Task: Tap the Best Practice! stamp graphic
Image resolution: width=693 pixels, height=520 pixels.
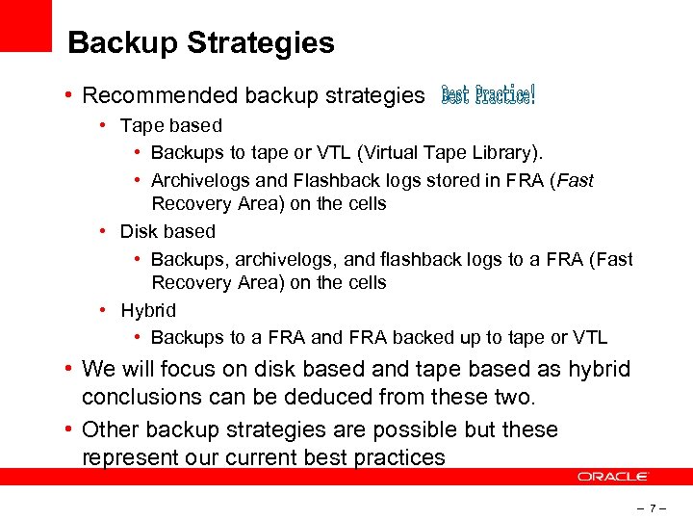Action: pos(488,94)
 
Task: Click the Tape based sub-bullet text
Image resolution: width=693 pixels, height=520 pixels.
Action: pos(170,125)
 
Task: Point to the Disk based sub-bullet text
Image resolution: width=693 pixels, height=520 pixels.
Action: pos(167,231)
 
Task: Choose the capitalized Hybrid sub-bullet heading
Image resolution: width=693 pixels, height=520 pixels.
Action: pos(148,310)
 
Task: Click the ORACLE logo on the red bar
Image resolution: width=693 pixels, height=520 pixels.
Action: pos(614,477)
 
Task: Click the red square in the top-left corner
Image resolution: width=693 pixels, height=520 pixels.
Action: pos(25,25)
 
